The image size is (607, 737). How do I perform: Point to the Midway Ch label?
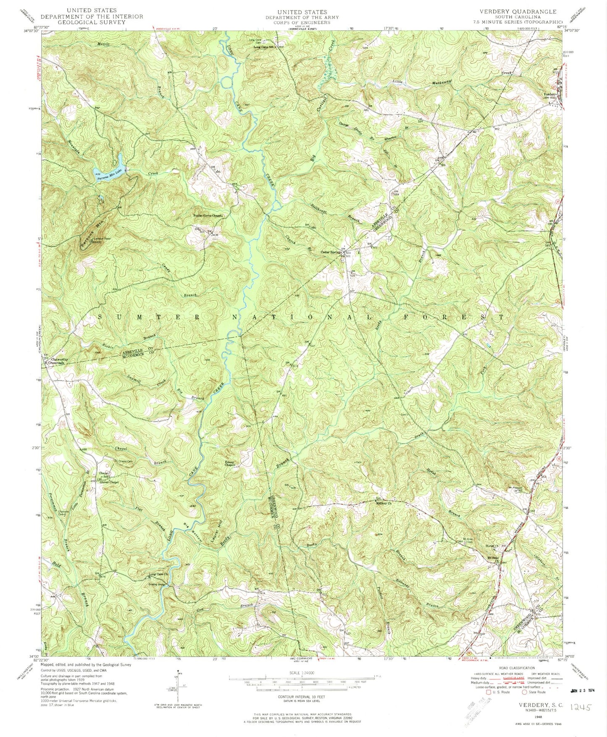tap(384, 503)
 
